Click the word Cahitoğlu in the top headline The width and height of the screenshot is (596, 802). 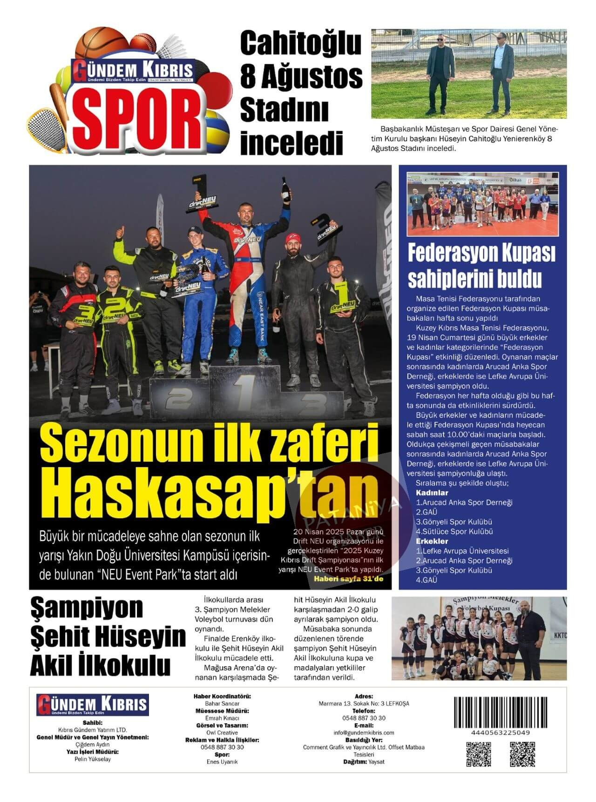pyautogui.click(x=300, y=44)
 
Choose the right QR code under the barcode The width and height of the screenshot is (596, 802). pyautogui.click(x=522, y=754)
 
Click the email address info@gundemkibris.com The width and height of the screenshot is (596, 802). pyautogui.click(x=364, y=733)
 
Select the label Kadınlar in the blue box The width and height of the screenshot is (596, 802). pyautogui.click(x=432, y=493)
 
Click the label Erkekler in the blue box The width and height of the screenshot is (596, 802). pyautogui.click(x=432, y=541)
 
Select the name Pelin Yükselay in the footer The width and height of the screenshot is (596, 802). pyautogui.click(x=93, y=759)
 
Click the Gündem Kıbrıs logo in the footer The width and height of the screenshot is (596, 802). pyautogui.click(x=92, y=705)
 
